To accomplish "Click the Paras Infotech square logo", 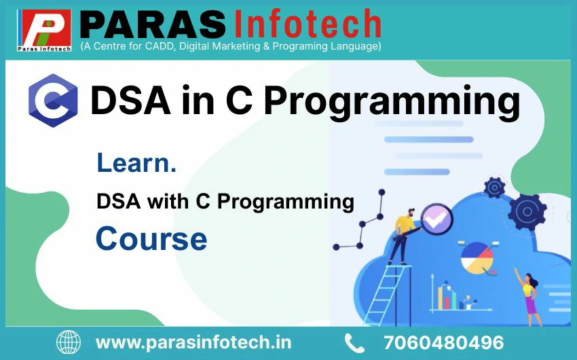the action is pyautogui.click(x=44, y=30).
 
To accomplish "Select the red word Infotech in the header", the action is pyautogui.click(x=308, y=24).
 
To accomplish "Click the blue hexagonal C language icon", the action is pyautogui.click(x=54, y=101).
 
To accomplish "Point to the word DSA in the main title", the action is pyautogui.click(x=130, y=100).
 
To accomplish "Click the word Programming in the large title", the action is pyautogui.click(x=392, y=103).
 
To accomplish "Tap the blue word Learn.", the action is pyautogui.click(x=136, y=163).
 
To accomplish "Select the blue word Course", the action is pyautogui.click(x=151, y=239).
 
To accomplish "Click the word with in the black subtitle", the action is pyautogui.click(x=168, y=201).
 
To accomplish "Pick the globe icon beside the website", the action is pyautogui.click(x=69, y=342).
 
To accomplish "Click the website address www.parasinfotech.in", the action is pyautogui.click(x=193, y=343).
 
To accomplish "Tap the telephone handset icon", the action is pyautogui.click(x=354, y=343).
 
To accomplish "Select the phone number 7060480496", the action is pyautogui.click(x=443, y=343).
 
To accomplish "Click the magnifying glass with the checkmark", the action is pyautogui.click(x=436, y=219).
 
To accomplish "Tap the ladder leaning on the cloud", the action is pyautogui.click(x=387, y=295).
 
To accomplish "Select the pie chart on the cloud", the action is pyautogui.click(x=477, y=257).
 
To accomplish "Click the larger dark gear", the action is pyautogui.click(x=527, y=212).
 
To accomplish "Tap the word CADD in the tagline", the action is pyautogui.click(x=160, y=46).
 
